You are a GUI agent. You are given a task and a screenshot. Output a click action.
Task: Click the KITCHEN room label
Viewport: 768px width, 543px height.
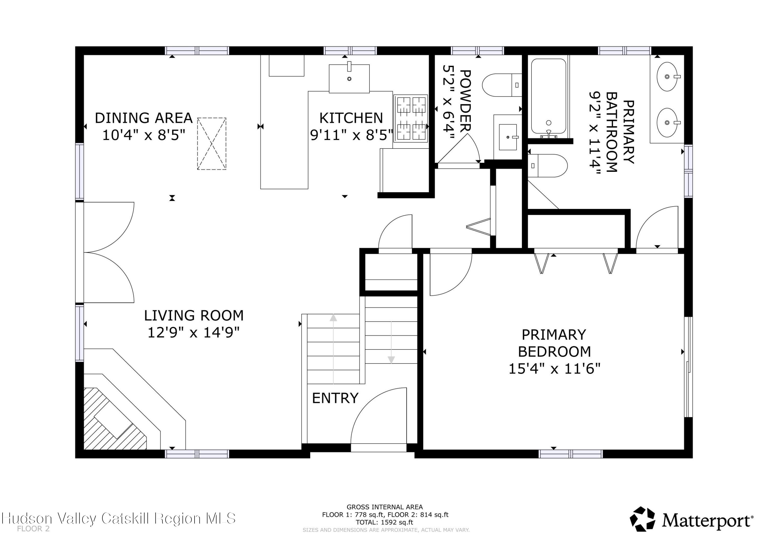[x=351, y=118]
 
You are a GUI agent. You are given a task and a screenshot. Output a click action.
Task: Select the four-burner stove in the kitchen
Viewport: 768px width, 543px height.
[x=410, y=118]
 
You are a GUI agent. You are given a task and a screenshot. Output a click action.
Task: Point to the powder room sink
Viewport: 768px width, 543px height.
[x=507, y=137]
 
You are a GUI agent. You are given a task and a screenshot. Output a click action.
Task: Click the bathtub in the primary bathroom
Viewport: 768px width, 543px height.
[x=548, y=97]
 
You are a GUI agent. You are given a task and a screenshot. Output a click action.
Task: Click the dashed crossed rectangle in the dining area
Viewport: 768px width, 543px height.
[x=211, y=144]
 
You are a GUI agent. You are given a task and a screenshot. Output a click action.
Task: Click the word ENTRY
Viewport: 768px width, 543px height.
[x=335, y=398]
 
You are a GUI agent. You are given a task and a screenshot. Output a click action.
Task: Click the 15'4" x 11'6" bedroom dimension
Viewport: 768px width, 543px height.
[x=554, y=369]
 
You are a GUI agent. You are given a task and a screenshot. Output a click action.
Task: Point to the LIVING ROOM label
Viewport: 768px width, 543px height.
[x=194, y=315]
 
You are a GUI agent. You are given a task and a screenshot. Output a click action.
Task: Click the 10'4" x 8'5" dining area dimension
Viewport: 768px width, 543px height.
[x=144, y=135]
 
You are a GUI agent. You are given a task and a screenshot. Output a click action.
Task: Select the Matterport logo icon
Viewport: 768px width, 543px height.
[x=642, y=519]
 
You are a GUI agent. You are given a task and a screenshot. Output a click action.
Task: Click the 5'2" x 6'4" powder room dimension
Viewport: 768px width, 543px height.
[x=448, y=102]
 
